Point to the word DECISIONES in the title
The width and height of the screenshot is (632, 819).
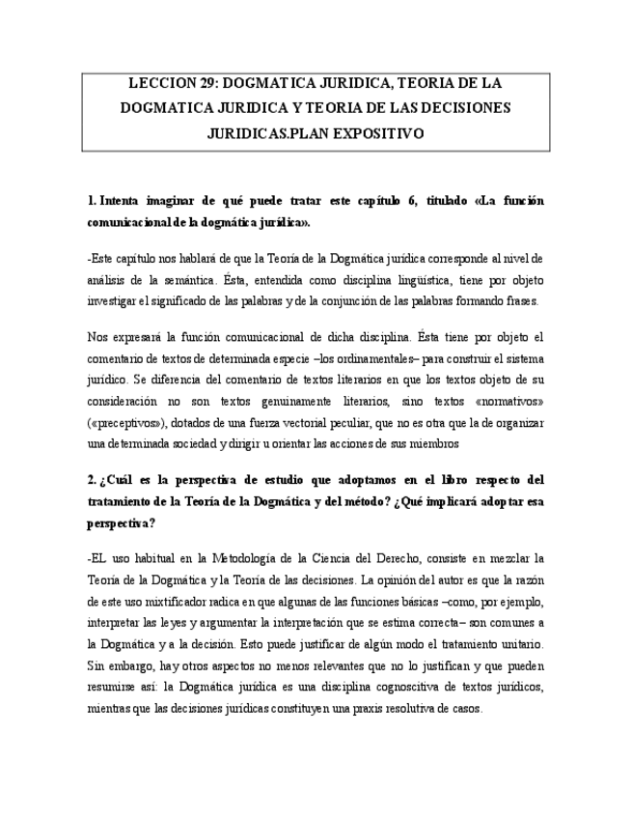(x=465, y=108)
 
